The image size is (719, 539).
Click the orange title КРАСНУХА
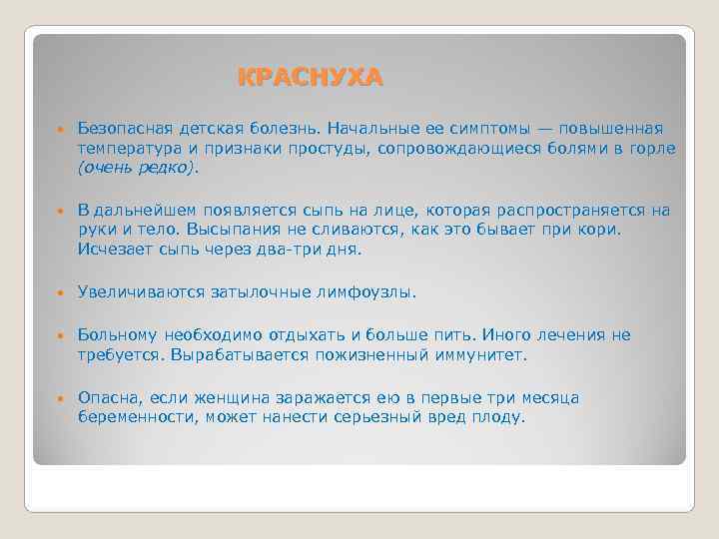coord(310,78)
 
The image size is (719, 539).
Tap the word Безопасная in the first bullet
coord(123,129)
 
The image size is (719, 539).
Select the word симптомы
coord(485,129)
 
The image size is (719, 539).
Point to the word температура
coord(127,149)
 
